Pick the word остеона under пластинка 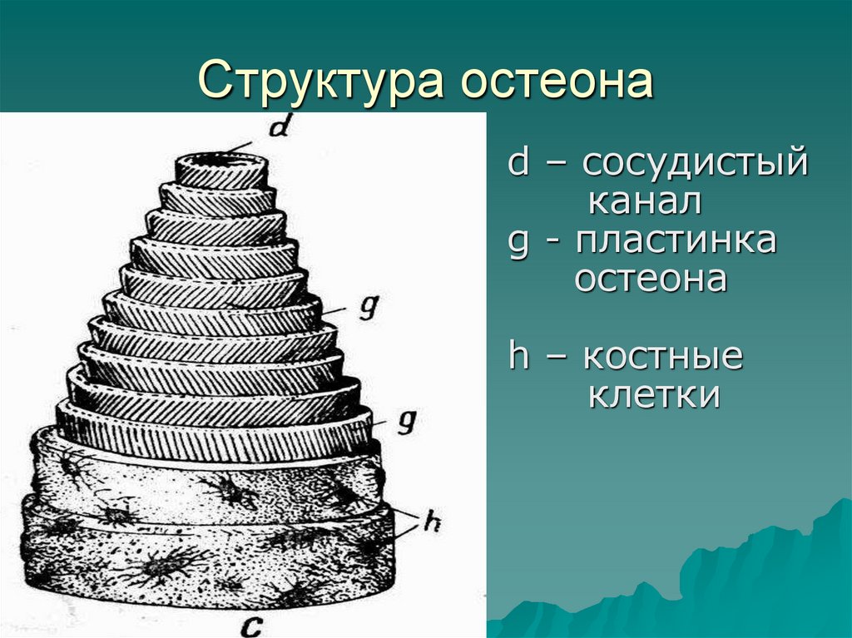tap(651, 279)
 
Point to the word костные tap(661, 358)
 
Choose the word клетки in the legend tap(654, 396)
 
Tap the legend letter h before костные tap(518, 358)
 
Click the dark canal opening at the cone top tap(221, 159)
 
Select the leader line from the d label tap(247, 147)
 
